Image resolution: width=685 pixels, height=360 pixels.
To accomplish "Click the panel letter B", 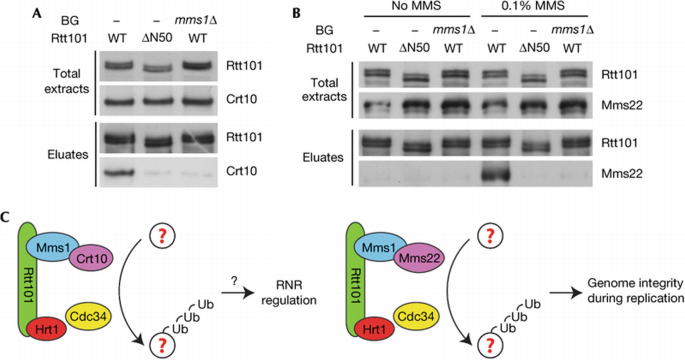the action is (x=297, y=11).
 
